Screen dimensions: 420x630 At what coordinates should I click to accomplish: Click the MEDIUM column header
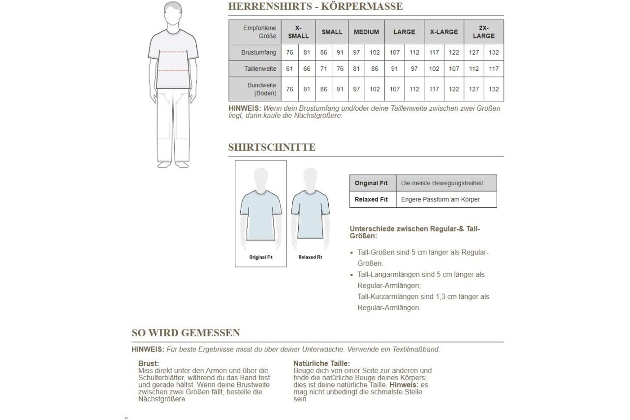coord(367,32)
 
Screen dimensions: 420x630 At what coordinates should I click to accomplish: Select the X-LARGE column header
coord(444,32)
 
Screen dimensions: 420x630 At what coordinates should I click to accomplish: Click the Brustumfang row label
coord(258,52)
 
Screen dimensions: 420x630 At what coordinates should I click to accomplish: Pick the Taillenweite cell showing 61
coord(289,69)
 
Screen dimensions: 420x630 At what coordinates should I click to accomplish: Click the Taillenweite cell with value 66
coord(307,69)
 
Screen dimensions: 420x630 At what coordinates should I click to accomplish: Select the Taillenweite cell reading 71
coord(323,69)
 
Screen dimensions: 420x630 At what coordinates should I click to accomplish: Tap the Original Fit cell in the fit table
coord(371,183)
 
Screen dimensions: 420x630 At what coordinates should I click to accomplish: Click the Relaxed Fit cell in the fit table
coord(371,199)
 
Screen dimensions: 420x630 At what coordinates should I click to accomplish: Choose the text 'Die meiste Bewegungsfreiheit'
coord(442,183)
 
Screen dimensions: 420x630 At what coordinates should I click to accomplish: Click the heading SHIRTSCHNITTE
coord(272,147)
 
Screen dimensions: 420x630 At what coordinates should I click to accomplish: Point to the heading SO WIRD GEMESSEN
coord(186,333)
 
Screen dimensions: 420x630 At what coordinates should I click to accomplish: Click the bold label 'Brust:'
coord(149,363)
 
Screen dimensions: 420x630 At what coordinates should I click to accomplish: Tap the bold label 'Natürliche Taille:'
coord(321,363)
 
